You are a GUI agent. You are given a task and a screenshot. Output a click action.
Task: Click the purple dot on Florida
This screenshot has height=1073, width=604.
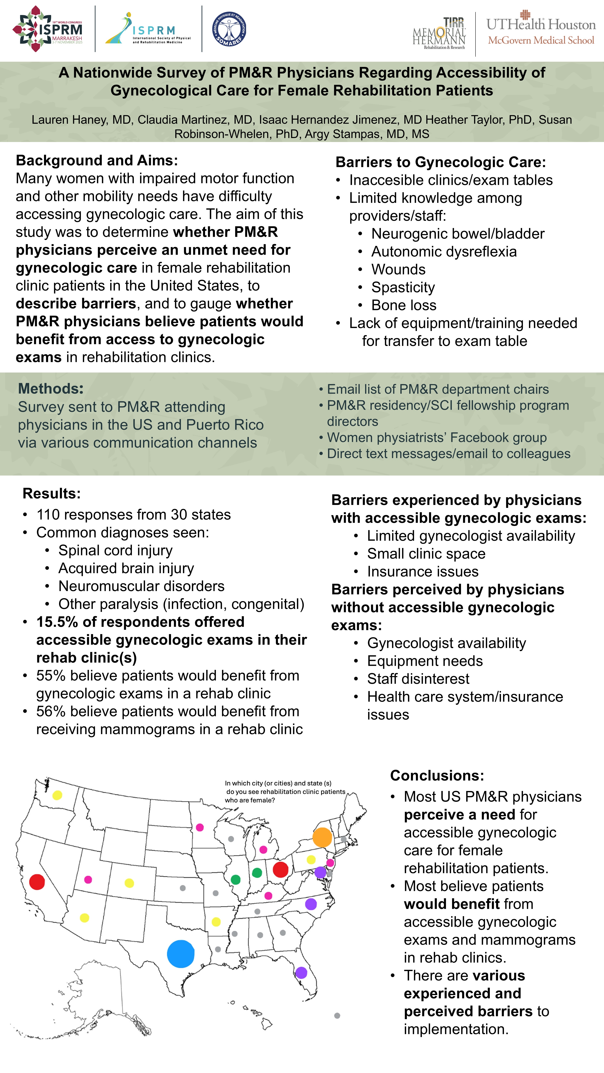pos(301,973)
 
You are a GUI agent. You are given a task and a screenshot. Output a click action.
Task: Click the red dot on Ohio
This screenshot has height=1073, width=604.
pos(281,869)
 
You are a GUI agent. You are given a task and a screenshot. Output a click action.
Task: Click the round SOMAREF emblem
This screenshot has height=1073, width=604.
pos(229,29)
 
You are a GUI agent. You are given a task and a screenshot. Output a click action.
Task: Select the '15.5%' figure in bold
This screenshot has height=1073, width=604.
pos(57,622)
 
